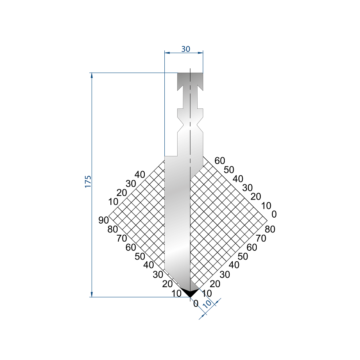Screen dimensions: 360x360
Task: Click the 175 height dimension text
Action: pos(88,182)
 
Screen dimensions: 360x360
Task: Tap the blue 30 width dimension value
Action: pos(186,49)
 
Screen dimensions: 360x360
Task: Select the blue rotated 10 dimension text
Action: pos(207,304)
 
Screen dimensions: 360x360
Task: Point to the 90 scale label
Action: pos(103,220)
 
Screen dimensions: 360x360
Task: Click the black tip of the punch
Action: pos(190,292)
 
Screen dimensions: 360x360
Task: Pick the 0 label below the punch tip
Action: pos(196,304)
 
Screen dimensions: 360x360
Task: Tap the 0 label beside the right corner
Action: pos(274,214)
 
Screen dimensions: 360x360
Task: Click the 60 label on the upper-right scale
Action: pos(220,161)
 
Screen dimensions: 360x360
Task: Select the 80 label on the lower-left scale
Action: pos(112,229)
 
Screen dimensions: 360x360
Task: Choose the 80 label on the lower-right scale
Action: pos(270,229)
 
